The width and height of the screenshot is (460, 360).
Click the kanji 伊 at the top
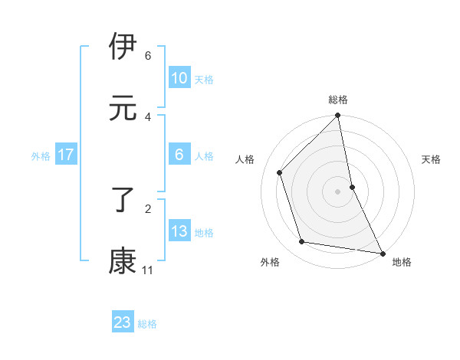[123, 47]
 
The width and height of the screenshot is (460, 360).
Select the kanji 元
[123, 108]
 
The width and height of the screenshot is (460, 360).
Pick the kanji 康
[123, 261]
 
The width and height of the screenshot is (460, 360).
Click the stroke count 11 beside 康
[147, 270]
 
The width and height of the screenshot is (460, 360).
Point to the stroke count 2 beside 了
[148, 208]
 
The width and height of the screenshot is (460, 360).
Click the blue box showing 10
[179, 78]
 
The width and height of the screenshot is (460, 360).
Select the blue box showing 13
[179, 231]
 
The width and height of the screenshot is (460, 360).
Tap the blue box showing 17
[65, 155]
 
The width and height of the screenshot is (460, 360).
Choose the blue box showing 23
[123, 322]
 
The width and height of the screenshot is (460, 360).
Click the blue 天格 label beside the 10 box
[204, 80]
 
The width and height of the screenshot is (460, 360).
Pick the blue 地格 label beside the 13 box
[204, 233]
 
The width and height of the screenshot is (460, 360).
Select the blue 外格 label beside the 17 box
[41, 156]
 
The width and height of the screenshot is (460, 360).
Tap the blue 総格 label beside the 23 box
[147, 324]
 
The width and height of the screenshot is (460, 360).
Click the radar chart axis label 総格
[338, 100]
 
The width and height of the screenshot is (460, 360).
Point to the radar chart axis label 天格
[431, 159]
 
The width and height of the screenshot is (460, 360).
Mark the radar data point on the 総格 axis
[338, 116]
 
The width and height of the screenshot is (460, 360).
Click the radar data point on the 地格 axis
[382, 253]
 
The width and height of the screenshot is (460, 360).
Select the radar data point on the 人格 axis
[280, 172]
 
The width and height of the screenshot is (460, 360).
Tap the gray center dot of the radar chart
[338, 191]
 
